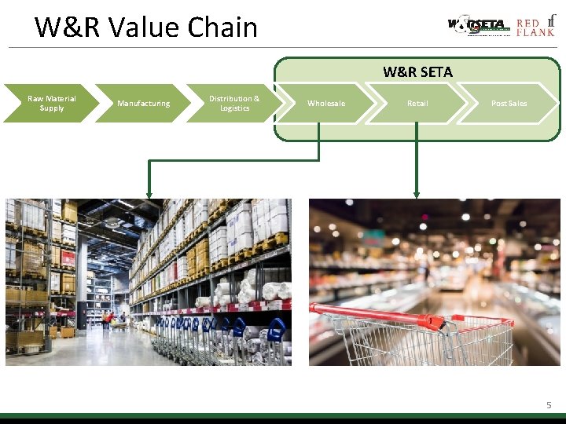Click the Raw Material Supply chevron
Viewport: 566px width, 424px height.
point(49,104)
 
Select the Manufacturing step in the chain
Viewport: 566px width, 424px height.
point(143,104)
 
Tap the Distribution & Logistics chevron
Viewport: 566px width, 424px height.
point(233,104)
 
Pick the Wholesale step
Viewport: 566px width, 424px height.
point(325,104)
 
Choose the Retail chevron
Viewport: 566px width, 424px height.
point(417,104)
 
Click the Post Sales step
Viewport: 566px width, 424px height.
point(509,104)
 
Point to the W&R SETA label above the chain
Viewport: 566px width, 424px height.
point(417,72)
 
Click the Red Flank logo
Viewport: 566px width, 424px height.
point(535,26)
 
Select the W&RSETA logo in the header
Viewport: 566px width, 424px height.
point(479,26)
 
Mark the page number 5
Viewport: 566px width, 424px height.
point(549,405)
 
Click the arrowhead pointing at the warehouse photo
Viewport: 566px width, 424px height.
point(149,192)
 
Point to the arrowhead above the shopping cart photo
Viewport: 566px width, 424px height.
point(417,192)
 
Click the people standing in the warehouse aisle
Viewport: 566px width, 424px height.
point(115,319)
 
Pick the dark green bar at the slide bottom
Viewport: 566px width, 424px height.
point(283,418)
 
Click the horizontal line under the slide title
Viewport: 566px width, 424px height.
point(283,48)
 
